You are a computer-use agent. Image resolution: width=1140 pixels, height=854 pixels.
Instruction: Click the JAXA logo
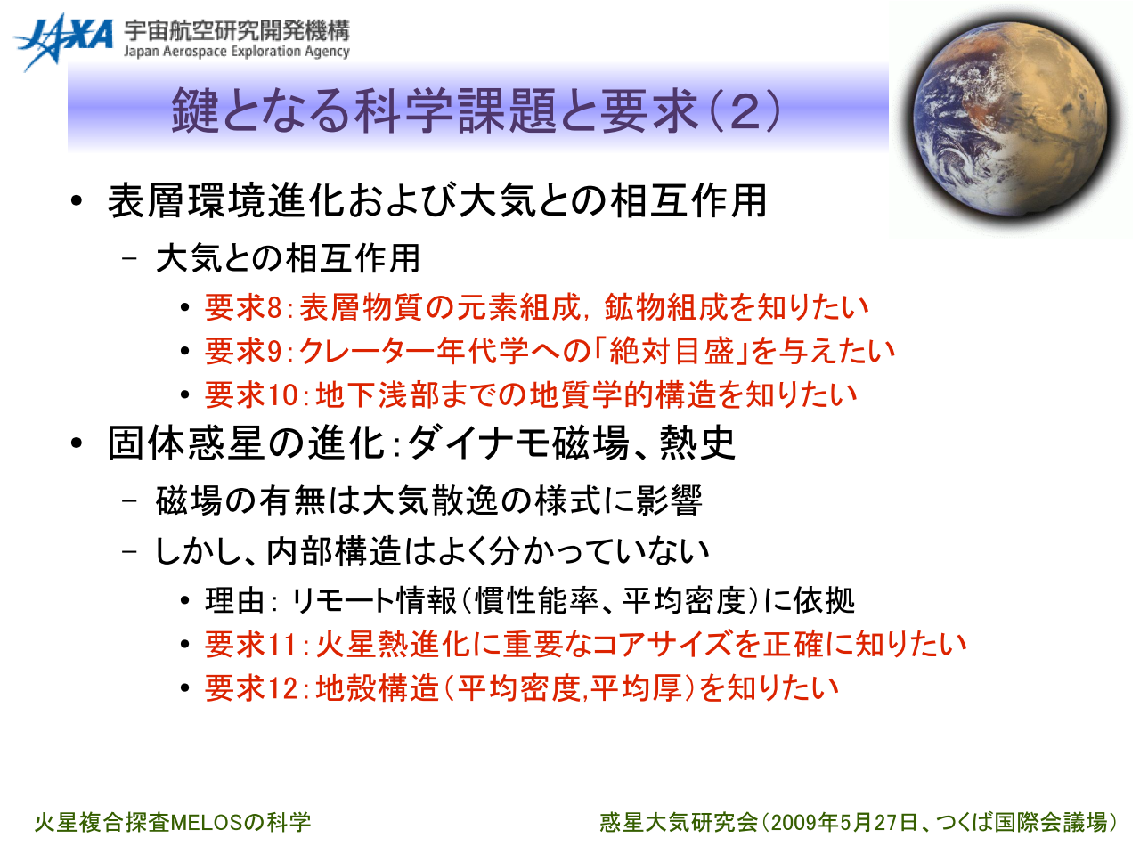(63, 42)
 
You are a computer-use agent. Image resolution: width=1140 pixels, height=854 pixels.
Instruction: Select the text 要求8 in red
(243, 307)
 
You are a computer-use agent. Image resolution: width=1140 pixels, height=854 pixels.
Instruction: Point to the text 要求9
(243, 351)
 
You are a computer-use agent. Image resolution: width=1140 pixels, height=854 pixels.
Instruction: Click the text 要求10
(251, 394)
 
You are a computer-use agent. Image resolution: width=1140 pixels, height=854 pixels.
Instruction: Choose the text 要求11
(251, 644)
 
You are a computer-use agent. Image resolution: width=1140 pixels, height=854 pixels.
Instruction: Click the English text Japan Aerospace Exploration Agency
(237, 52)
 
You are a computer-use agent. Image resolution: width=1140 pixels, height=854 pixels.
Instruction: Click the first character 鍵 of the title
(194, 110)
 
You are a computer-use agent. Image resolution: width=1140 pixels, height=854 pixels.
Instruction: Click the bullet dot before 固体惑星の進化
(77, 443)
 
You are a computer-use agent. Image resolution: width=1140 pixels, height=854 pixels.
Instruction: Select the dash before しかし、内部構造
(129, 551)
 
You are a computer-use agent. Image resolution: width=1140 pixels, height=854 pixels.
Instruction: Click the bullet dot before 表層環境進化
(77, 201)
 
